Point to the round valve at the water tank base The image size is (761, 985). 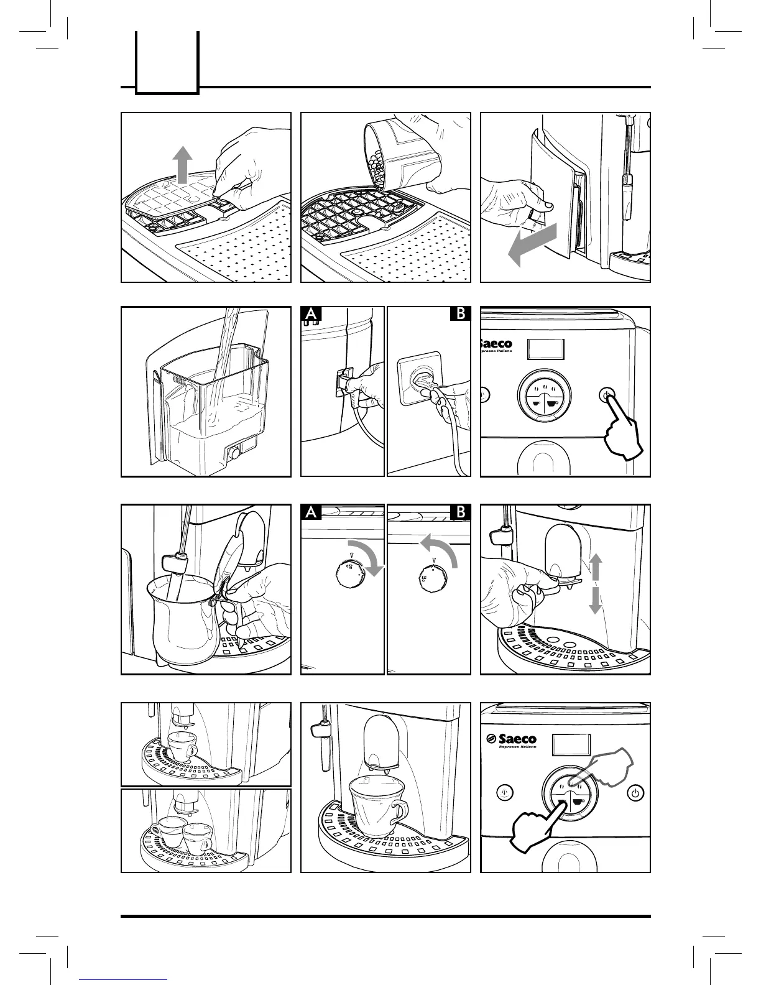235,454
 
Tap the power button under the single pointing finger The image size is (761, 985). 606,394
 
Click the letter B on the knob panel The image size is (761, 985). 461,512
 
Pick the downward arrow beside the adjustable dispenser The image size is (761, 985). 596,601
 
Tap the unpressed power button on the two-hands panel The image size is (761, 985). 634,793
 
